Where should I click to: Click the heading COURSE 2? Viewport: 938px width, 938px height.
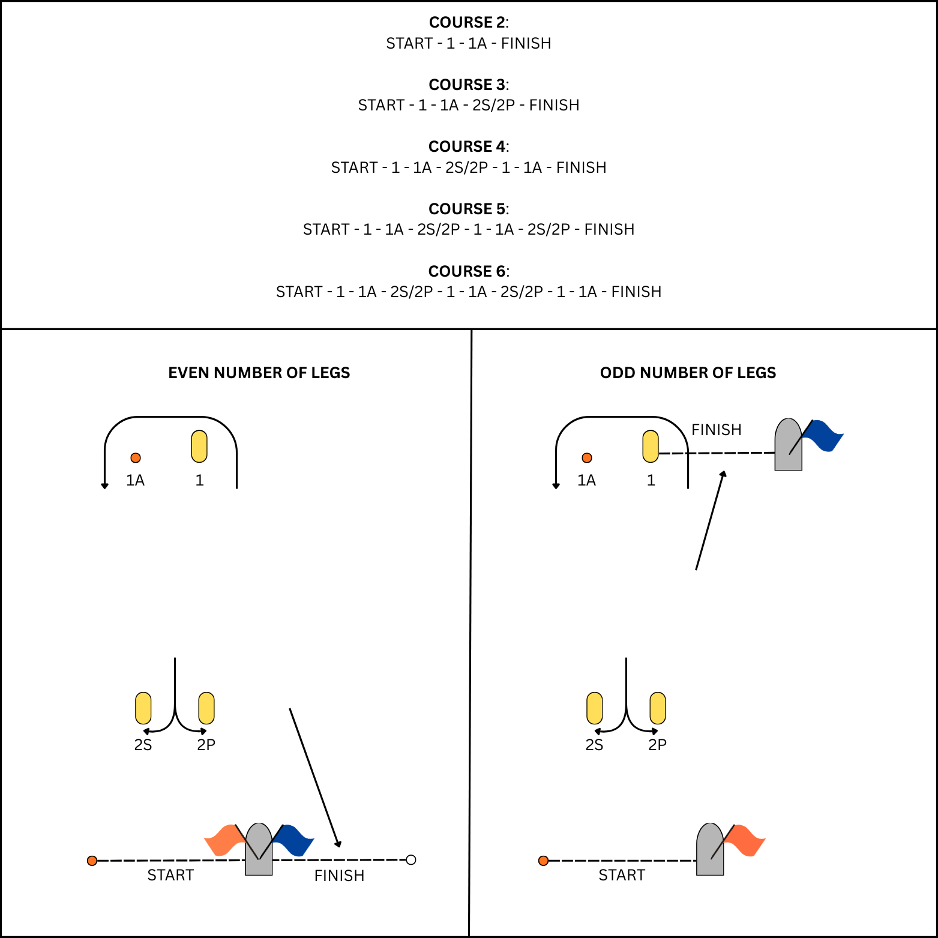tap(468, 22)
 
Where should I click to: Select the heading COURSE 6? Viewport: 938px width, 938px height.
tap(468, 271)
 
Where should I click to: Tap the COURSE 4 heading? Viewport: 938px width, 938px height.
tap(468, 146)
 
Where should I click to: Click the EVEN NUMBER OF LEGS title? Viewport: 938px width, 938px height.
tap(259, 373)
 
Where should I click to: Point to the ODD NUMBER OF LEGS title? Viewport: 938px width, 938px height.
tap(688, 373)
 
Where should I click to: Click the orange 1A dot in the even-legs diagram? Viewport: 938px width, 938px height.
tap(136, 458)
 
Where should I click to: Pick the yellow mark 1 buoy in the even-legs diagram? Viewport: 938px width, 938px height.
tap(199, 446)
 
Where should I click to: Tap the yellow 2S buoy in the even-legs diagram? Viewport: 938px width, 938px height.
tap(143, 708)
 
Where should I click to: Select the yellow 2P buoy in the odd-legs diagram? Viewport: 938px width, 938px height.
tap(658, 708)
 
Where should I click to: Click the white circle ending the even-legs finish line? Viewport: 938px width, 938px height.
tap(411, 860)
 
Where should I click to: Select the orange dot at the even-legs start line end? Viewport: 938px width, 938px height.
tap(92, 861)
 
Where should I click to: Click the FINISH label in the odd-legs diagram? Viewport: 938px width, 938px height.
tap(716, 430)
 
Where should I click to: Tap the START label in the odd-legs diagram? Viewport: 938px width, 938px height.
tap(622, 875)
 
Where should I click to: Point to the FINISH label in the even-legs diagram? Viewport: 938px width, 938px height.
tap(339, 876)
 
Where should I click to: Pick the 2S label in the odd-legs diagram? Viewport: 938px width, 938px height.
tap(594, 745)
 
